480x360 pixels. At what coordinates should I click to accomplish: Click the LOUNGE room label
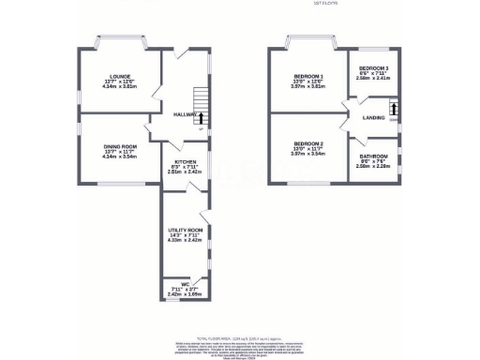118,75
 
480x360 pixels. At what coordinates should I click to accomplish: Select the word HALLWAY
184,115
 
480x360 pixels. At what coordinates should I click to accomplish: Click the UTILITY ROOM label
185,230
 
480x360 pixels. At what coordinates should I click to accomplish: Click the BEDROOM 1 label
308,75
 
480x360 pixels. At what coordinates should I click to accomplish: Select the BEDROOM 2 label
308,146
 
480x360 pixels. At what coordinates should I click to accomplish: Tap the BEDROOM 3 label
374,68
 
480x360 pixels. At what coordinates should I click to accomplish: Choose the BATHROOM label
374,157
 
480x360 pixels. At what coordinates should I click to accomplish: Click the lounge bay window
120,43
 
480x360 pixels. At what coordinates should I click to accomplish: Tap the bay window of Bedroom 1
310,43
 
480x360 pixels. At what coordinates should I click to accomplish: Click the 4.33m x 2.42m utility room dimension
185,240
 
